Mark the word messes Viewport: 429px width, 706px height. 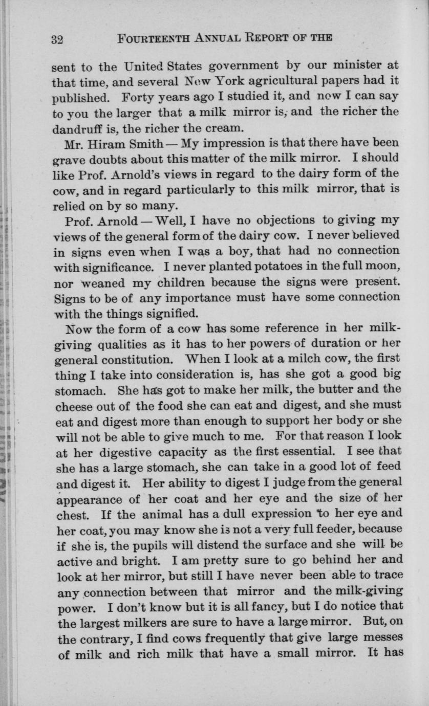click(377, 638)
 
